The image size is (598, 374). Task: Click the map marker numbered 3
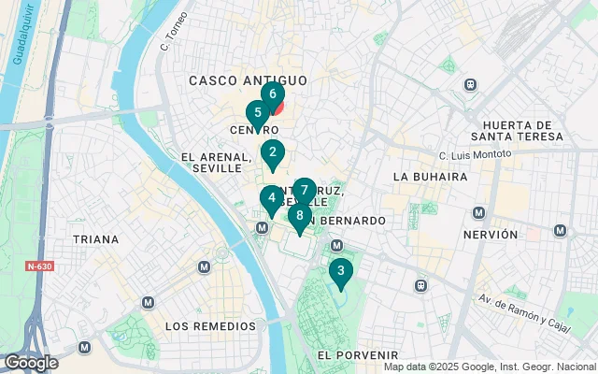(340, 272)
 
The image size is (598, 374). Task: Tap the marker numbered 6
(272, 94)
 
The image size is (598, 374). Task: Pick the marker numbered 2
(272, 152)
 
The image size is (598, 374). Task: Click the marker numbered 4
(271, 197)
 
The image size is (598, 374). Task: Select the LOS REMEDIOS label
(210, 326)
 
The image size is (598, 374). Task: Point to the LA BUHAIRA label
(430, 176)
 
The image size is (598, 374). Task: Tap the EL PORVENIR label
(358, 355)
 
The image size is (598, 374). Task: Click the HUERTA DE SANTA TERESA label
(523, 131)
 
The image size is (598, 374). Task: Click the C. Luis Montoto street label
(476, 154)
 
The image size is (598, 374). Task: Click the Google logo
(30, 363)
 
